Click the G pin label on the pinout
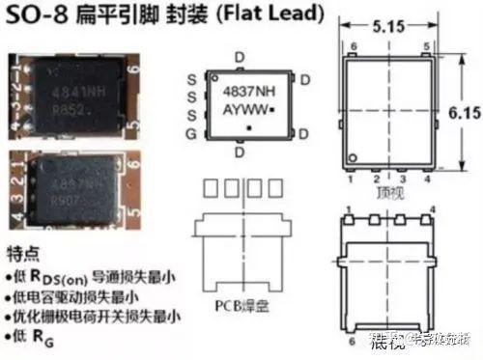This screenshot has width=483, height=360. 192,128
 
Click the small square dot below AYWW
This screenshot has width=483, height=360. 250,127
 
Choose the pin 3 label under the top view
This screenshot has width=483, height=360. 400,180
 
